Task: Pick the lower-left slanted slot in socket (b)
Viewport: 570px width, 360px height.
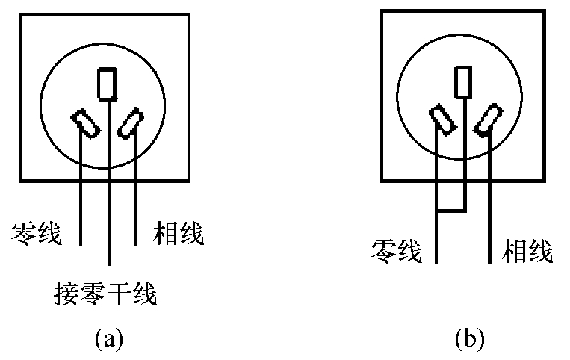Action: [443, 121]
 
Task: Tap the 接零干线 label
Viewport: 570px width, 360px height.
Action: [105, 292]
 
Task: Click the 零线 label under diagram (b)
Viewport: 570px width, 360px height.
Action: [396, 252]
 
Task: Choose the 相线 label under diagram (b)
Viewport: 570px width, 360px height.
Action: [528, 252]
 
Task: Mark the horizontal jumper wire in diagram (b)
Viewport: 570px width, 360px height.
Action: [451, 211]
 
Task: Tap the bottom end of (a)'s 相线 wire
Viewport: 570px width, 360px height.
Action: [136, 244]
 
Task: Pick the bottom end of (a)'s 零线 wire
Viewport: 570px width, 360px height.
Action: [81, 244]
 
